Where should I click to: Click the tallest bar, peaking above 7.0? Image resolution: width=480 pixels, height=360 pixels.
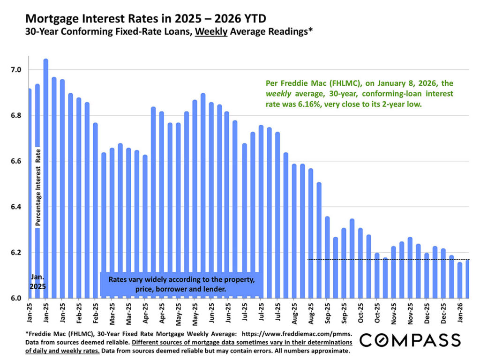click(45, 178)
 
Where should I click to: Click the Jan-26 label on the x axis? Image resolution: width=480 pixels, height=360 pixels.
click(460, 311)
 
